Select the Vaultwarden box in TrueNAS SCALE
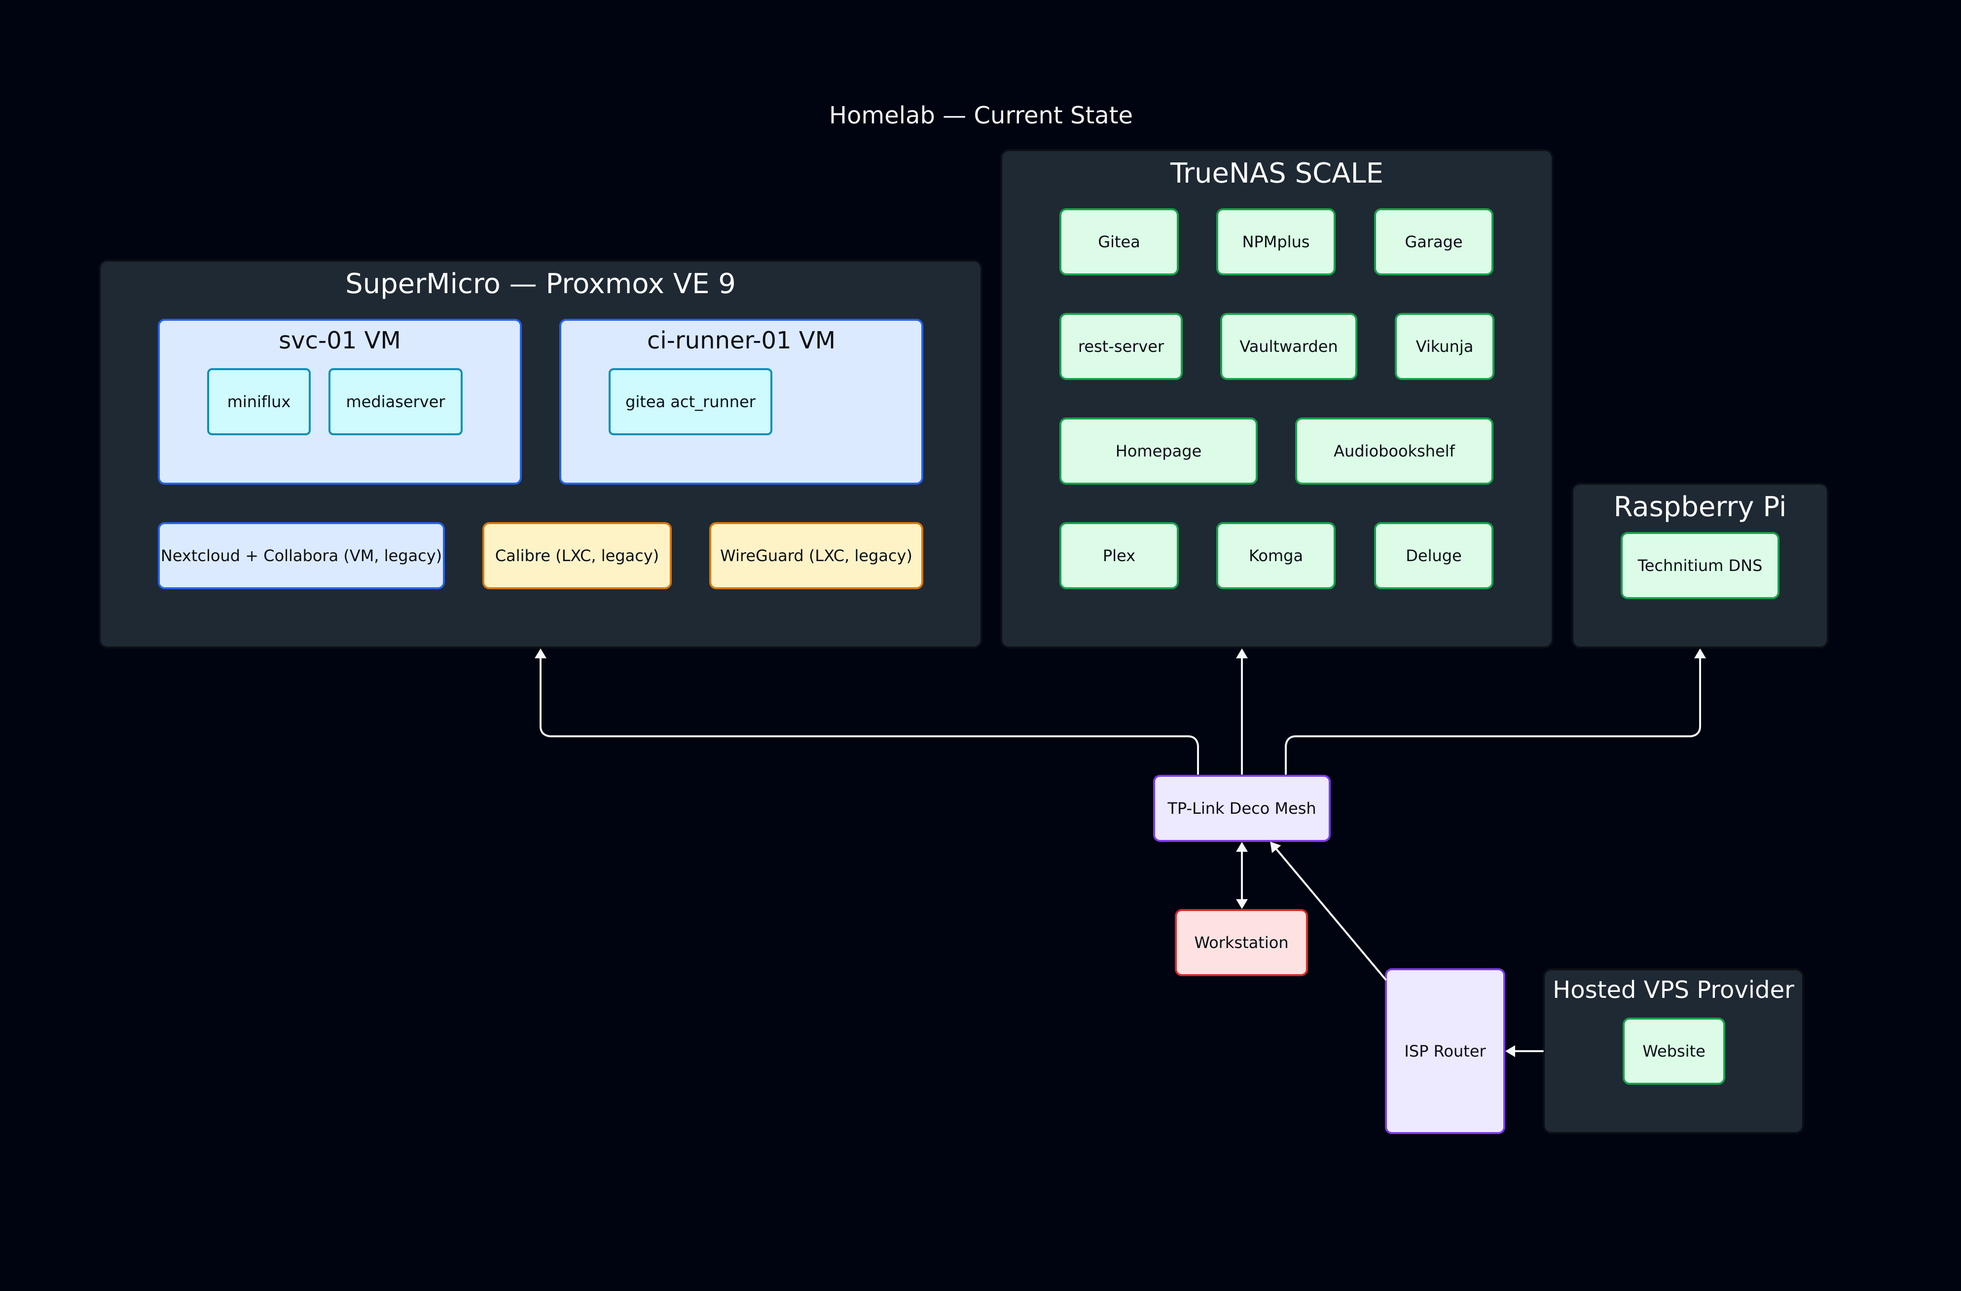1288,346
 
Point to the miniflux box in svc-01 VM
259,402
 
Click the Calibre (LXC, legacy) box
577,556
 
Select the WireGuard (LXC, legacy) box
816,556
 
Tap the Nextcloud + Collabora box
301,556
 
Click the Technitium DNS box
1699,566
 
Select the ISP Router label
1445,1051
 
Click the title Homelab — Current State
980,115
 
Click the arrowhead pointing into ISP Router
1510,1051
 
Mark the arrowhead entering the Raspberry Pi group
1700,654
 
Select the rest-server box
1121,346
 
